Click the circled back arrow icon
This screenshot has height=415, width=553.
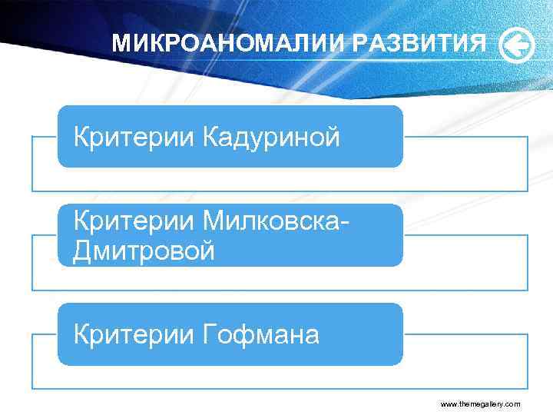pyautogui.click(x=516, y=45)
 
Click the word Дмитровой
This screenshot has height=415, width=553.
pyautogui.click(x=144, y=251)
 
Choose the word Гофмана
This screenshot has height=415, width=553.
pyautogui.click(x=262, y=334)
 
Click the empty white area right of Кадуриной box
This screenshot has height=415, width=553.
pyautogui.click(x=465, y=164)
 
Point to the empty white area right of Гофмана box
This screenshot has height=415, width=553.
pyautogui.click(x=465, y=361)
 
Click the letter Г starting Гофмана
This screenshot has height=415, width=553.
pyautogui.click(x=210, y=334)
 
